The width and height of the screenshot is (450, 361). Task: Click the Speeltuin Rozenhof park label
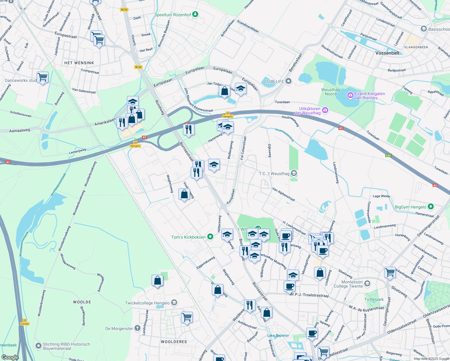pyautogui.click(x=173, y=15)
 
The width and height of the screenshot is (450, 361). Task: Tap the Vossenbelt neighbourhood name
pyautogui.click(x=387, y=53)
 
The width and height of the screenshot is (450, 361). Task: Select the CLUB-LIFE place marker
pyautogui.click(x=289, y=81)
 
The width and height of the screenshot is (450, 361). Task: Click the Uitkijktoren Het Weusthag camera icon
pyautogui.click(x=325, y=111)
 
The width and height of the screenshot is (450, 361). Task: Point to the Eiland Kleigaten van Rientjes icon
pyautogui.click(x=350, y=96)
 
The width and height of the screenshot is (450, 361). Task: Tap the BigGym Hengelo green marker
pyautogui.click(x=431, y=207)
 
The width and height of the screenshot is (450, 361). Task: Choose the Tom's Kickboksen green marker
pyautogui.click(x=210, y=237)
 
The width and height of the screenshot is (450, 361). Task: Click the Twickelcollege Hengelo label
pyautogui.click(x=147, y=303)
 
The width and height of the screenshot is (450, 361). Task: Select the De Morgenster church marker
pyautogui.click(x=137, y=328)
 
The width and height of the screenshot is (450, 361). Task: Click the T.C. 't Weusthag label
pyautogui.click(x=274, y=174)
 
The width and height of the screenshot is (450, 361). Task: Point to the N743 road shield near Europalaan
pyautogui.click(x=138, y=67)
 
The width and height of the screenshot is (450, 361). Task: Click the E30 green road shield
pyautogui.click(x=388, y=156)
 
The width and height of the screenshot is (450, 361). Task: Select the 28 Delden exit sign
pyautogui.click(x=25, y=322)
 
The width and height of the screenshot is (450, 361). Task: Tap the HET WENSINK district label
pyautogui.click(x=79, y=63)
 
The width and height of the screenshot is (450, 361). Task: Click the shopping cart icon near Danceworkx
pyautogui.click(x=42, y=77)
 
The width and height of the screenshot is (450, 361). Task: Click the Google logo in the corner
pyautogui.click(x=10, y=357)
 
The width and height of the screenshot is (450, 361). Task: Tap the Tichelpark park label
pyautogui.click(x=374, y=300)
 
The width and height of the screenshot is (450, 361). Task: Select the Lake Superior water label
pyautogui.click(x=278, y=335)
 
